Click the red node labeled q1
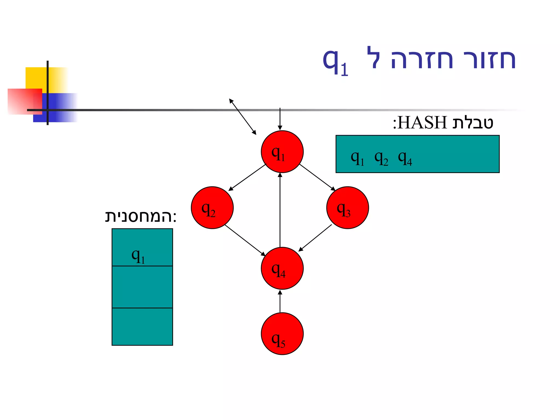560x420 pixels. [x=282, y=152]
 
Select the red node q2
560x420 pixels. [x=212, y=208]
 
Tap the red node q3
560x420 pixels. [x=347, y=208]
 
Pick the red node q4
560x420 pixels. [x=282, y=268]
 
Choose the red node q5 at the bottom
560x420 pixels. [x=282, y=334]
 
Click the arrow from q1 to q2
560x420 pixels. [x=247, y=177]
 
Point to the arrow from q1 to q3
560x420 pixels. [x=317, y=177]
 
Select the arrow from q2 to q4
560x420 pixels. [x=245, y=240]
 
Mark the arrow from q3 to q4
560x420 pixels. [x=315, y=238]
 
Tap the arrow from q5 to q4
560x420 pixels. [x=280, y=301]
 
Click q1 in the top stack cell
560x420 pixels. [x=138, y=256]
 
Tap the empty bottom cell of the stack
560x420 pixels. [x=142, y=326]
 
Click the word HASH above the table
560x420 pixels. [x=422, y=122]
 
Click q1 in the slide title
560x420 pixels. [x=335, y=62]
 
